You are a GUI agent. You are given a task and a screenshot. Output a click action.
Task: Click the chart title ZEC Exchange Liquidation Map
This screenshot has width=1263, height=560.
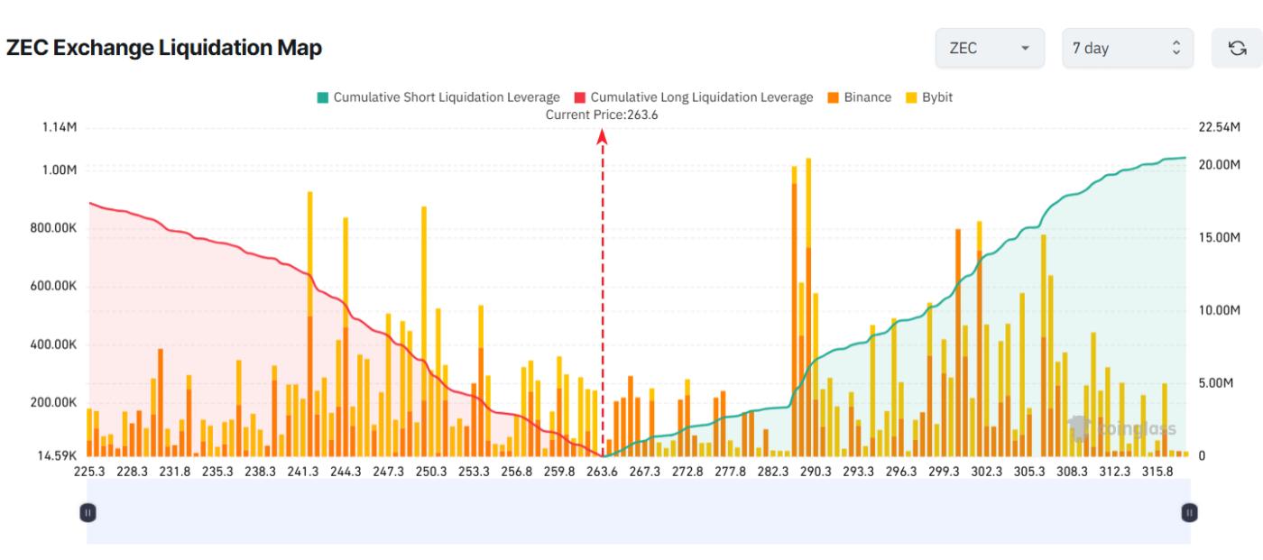(164, 49)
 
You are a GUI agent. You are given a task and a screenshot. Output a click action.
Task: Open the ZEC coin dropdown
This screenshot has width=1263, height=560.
(990, 49)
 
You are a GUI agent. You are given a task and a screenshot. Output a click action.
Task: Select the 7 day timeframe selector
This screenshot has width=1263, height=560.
(1127, 49)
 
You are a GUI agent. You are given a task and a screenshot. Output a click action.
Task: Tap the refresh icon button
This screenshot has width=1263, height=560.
(1237, 49)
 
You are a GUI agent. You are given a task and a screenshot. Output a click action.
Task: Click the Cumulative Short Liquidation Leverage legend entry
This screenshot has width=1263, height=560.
(437, 97)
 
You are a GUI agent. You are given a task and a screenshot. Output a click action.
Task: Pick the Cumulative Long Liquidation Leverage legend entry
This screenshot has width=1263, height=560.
(693, 97)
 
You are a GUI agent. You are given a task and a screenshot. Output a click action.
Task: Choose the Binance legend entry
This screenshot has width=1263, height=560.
(858, 97)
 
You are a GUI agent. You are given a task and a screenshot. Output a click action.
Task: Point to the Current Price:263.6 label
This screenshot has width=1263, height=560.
(602, 115)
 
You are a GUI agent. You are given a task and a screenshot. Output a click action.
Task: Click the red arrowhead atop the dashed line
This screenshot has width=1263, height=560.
(602, 136)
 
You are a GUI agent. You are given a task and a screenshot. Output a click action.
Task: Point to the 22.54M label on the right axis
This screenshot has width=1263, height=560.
(1220, 127)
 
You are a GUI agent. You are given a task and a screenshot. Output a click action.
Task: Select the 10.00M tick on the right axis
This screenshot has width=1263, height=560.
(1220, 310)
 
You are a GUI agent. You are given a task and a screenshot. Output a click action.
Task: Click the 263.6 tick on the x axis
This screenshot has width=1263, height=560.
(602, 472)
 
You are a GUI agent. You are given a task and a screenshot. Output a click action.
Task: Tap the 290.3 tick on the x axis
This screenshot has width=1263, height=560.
(815, 472)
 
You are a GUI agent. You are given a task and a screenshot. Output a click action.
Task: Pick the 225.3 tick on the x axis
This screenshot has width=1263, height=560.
(89, 472)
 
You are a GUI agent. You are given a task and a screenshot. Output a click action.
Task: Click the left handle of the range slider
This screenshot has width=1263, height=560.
(88, 512)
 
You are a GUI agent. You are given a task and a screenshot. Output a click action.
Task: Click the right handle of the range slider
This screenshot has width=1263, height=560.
(1189, 512)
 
